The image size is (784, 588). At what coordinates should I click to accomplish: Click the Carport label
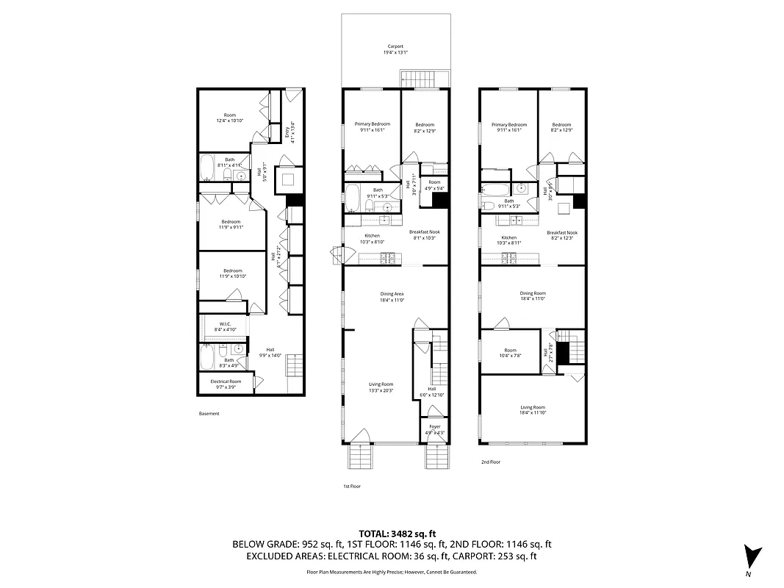click(x=395, y=49)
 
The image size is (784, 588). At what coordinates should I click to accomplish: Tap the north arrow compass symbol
click(x=752, y=556)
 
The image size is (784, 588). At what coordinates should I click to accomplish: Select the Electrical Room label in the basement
click(x=226, y=384)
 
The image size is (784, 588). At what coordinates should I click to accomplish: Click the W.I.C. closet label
click(x=226, y=327)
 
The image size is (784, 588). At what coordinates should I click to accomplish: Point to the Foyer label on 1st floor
click(x=434, y=429)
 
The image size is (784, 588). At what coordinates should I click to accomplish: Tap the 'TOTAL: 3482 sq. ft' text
click(x=398, y=533)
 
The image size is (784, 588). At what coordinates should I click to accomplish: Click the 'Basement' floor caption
click(x=209, y=414)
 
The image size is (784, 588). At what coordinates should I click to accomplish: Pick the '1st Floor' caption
click(x=352, y=487)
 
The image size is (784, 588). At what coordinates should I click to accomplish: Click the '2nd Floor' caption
click(x=490, y=462)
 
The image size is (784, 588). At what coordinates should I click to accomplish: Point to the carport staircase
click(x=423, y=79)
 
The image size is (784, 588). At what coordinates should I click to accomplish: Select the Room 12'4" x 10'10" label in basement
click(x=230, y=118)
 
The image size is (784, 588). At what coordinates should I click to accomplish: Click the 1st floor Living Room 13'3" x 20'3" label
click(x=381, y=387)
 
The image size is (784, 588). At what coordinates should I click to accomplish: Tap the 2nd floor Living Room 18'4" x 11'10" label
click(x=533, y=409)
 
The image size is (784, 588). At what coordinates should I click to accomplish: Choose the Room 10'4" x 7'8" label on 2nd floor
click(x=510, y=353)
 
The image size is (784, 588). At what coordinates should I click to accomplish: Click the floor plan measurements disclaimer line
click(x=392, y=571)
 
